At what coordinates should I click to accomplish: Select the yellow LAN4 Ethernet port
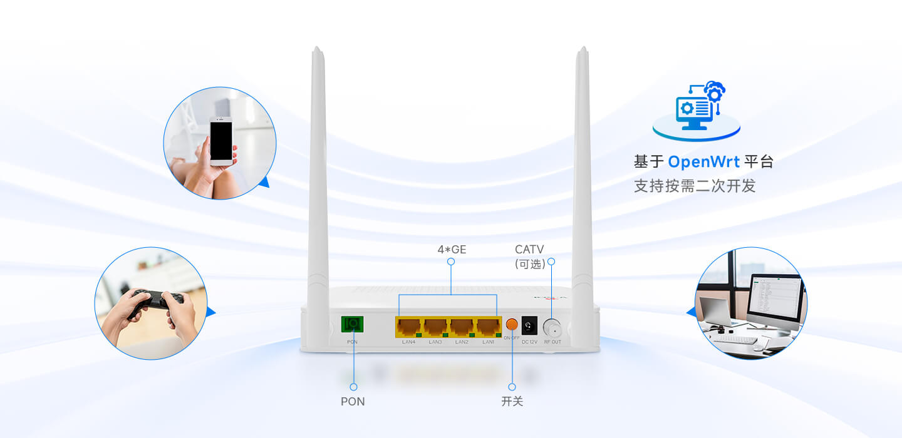[408, 326]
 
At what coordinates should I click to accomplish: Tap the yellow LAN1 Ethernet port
[488, 326]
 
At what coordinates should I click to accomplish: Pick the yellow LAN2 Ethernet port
[462, 326]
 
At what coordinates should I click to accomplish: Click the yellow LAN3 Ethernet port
[435, 326]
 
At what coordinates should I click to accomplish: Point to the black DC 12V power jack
[529, 325]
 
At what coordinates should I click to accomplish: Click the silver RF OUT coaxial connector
[552, 327]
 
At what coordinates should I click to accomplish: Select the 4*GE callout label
[452, 250]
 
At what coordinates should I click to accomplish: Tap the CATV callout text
[529, 250]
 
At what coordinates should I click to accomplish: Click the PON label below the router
[353, 402]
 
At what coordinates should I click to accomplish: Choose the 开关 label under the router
[512, 402]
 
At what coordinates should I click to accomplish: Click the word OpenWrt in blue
[704, 162]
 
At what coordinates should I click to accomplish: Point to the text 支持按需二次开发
[695, 186]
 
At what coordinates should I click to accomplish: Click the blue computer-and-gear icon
[697, 108]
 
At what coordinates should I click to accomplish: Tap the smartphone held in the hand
[221, 141]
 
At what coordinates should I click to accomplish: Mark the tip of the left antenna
[317, 49]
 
